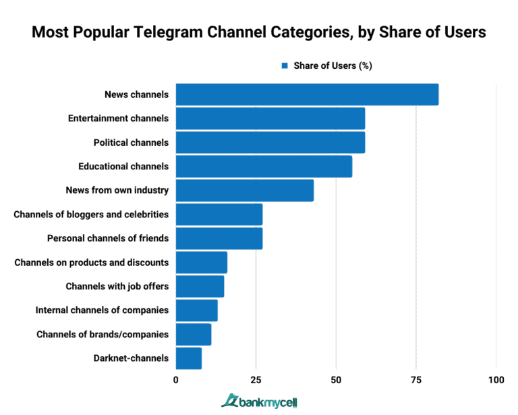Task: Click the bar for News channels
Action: (x=307, y=94)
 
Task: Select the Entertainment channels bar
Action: (x=270, y=118)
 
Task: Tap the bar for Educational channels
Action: (x=264, y=166)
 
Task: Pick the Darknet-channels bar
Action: (x=189, y=358)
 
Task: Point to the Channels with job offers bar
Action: (x=200, y=286)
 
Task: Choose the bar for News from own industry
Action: (x=245, y=190)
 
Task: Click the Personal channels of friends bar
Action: (x=219, y=238)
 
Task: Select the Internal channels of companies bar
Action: (x=196, y=310)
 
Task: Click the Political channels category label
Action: (x=131, y=142)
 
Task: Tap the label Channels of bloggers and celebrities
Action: (x=91, y=215)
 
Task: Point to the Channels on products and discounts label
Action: (x=91, y=262)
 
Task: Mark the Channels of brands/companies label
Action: (x=103, y=334)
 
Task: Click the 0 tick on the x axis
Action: (x=176, y=381)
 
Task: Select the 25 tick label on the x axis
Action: (x=256, y=381)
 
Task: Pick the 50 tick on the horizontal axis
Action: (x=336, y=381)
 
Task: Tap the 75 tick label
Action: (x=416, y=381)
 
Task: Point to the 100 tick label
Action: (x=496, y=381)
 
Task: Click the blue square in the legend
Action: (x=285, y=66)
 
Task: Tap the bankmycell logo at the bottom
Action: (x=260, y=402)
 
